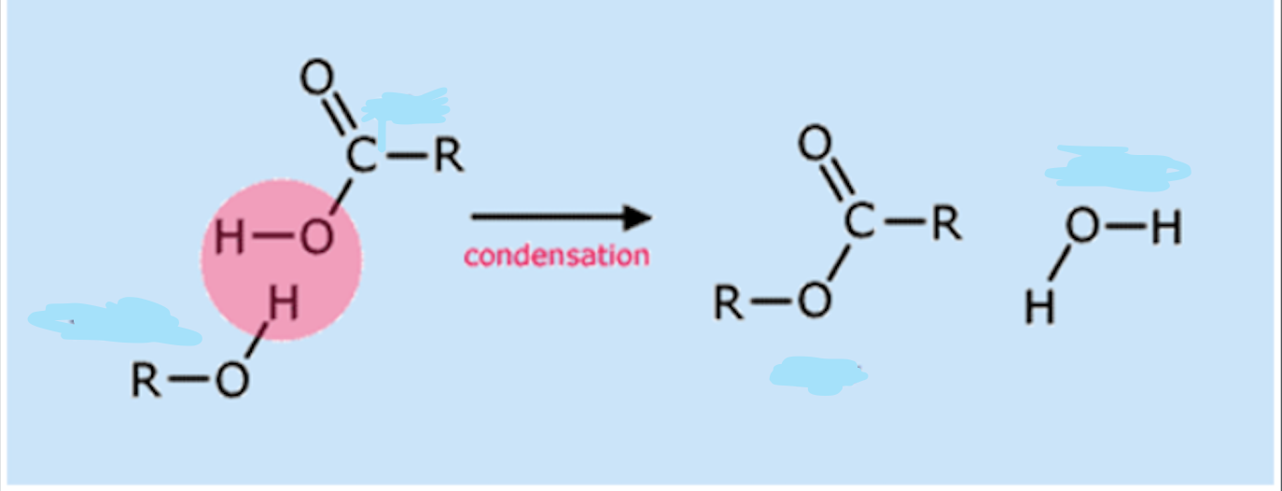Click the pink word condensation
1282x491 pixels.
point(557,255)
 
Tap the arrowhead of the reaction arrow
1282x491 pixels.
point(637,217)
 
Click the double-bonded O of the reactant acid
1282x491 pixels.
point(316,77)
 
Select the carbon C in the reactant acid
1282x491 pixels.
point(362,155)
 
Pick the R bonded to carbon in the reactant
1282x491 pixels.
point(449,155)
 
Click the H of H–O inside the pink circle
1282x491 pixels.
point(229,237)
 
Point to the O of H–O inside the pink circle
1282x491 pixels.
point(316,237)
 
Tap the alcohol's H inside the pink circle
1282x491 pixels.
point(284,302)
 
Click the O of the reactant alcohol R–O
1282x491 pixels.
point(232,379)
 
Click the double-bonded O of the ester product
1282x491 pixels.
point(815,143)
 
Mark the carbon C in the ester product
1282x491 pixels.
point(859,220)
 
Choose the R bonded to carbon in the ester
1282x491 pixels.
point(947,221)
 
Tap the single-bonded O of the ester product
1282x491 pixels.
point(815,301)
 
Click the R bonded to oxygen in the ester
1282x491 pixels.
point(729,302)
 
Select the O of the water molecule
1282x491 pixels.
point(1081,226)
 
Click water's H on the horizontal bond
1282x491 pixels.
point(1166,227)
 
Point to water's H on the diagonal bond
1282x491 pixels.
point(1039,307)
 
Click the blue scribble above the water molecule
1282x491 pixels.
point(1116,169)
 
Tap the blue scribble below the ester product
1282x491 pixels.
point(818,375)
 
